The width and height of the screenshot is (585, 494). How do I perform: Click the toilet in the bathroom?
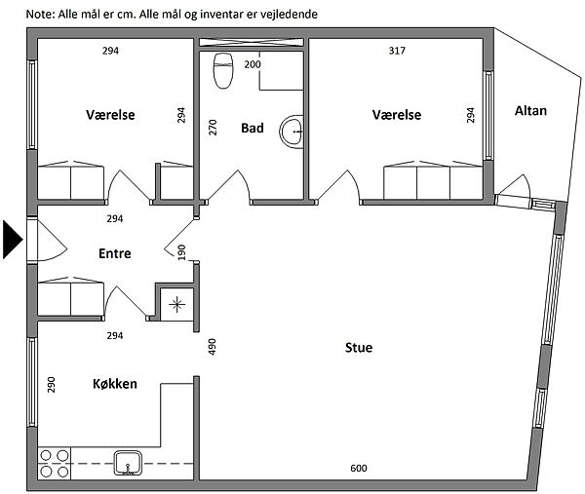coord(223,71)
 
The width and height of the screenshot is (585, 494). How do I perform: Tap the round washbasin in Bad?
coord(292,132)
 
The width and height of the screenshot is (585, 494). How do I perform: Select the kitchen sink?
coord(128,463)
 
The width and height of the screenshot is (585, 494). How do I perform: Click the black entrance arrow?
coord(13,240)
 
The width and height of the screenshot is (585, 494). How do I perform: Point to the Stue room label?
coord(359,348)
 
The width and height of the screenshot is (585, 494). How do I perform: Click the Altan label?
coord(530,111)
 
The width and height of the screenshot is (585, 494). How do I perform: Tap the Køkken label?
coord(115,384)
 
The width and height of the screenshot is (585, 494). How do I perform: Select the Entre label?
coord(115,253)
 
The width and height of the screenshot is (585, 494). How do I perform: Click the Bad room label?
coord(253,128)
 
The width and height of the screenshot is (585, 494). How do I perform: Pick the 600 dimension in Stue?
coord(359,468)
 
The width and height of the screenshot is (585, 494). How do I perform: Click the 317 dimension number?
coord(397,51)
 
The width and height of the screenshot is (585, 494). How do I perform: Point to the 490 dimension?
coord(212,346)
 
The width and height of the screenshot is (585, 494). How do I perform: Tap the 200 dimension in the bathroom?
coord(253,64)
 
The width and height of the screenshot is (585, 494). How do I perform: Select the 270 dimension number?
coord(212,127)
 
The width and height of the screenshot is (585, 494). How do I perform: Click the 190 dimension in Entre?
coord(181,252)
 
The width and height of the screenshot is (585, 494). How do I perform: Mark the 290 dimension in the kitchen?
coord(51,385)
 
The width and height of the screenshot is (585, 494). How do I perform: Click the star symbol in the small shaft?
coord(176,305)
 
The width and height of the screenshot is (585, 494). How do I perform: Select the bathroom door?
coord(228,186)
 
